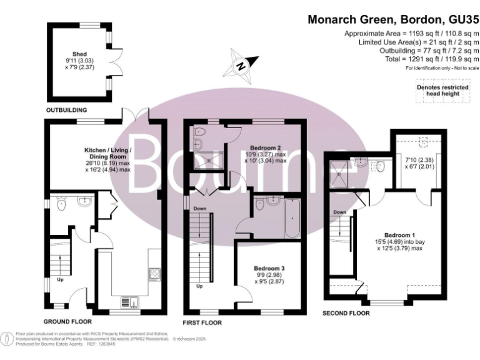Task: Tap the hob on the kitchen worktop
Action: pos(153,274)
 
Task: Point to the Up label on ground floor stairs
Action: pos(60,279)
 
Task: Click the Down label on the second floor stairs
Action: pos(339,212)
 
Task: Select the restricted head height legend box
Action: pos(442,91)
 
